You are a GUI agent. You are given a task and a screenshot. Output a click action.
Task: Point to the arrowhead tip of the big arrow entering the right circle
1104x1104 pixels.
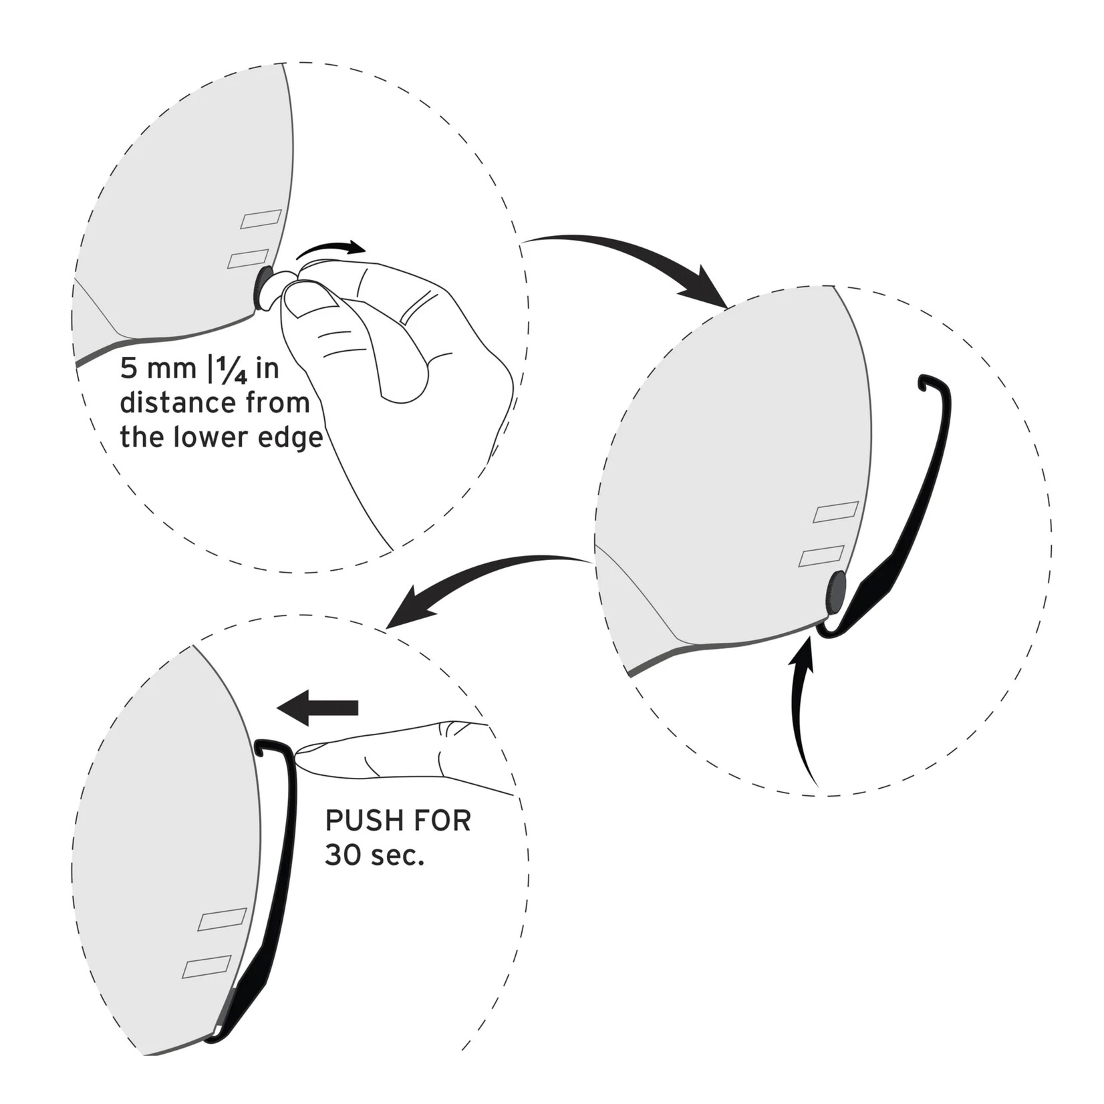[728, 308]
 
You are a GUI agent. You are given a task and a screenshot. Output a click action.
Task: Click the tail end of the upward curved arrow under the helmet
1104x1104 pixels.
[817, 785]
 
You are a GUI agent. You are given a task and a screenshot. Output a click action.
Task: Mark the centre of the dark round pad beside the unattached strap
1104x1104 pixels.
[836, 593]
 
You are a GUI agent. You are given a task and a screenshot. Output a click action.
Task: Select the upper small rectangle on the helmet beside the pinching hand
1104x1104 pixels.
[261, 219]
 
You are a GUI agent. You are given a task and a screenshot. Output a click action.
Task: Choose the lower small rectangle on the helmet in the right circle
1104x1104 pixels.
[821, 555]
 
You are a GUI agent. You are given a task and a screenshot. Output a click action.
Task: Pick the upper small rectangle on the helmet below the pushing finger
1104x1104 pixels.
[223, 919]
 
